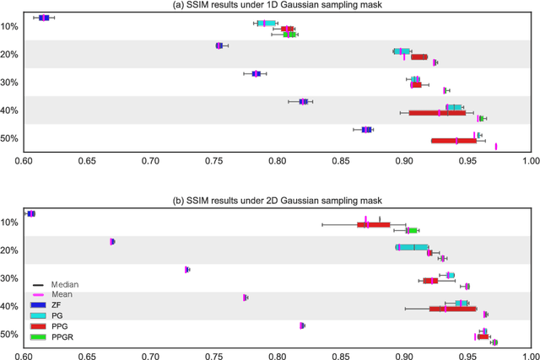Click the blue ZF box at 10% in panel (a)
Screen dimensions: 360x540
(44, 17)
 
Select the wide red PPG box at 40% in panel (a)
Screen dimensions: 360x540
(436, 112)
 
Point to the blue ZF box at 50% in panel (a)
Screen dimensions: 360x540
(366, 130)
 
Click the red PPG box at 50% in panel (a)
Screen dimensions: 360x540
(454, 141)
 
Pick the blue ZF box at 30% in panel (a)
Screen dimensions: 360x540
(256, 73)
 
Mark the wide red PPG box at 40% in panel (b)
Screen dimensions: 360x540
(453, 309)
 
